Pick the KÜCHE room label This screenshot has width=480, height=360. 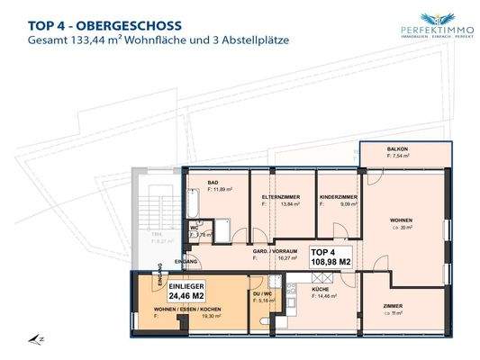pos(322,288)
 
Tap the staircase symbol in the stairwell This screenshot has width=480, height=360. pos(147,203)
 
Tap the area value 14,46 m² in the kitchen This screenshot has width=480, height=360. pos(328,295)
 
